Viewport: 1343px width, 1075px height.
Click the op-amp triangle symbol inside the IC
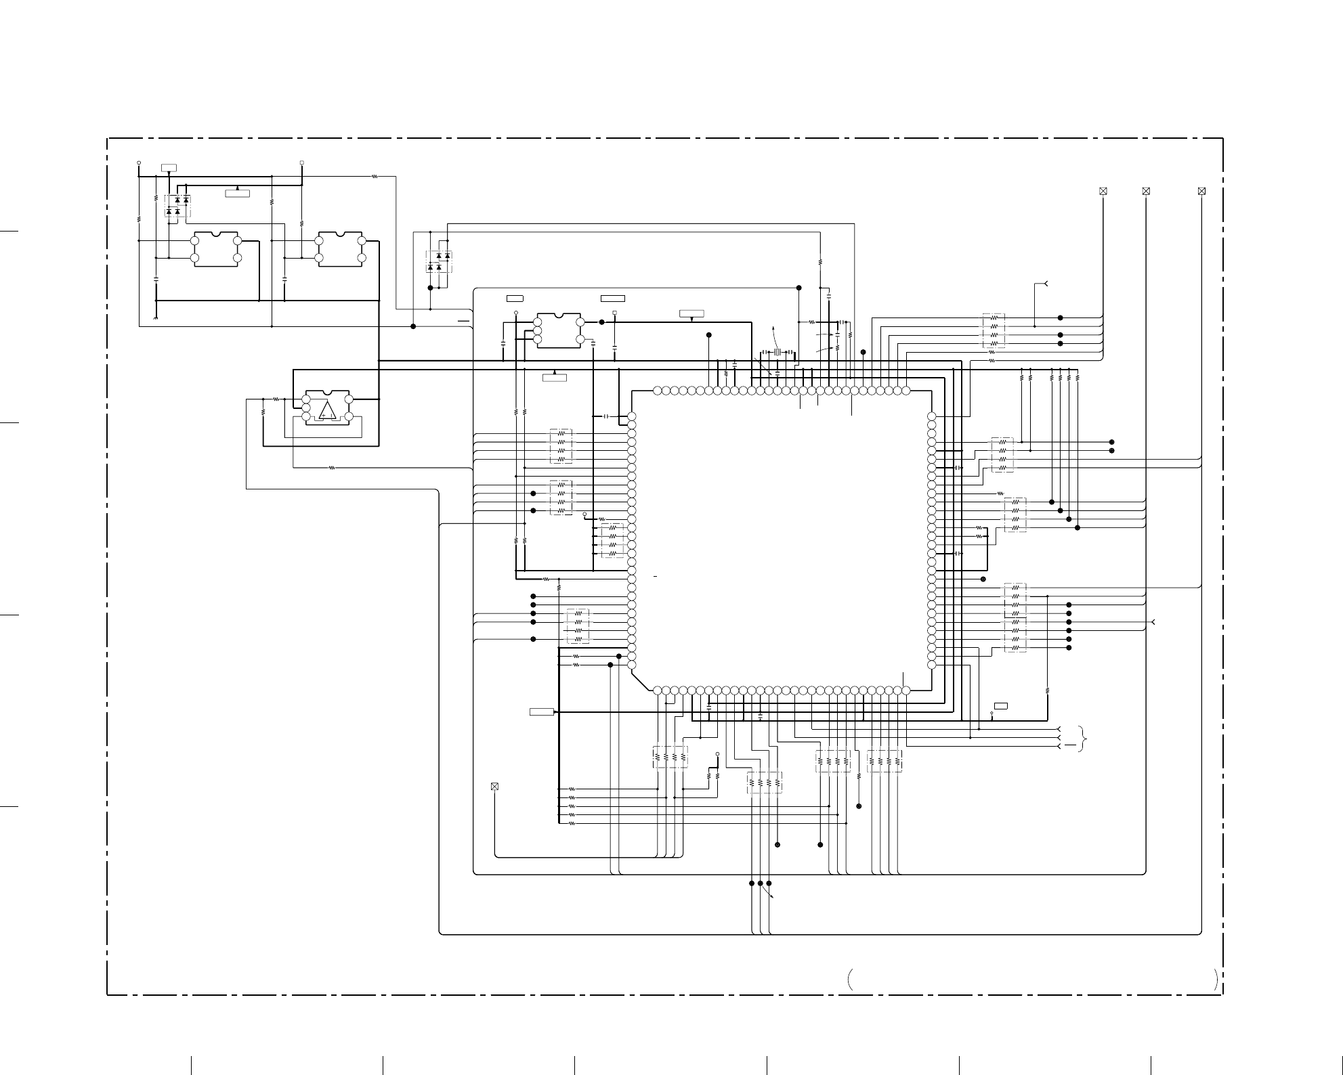[x=328, y=410]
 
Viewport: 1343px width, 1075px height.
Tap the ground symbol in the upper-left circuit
[x=156, y=316]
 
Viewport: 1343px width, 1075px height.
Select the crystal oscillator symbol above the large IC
[x=778, y=352]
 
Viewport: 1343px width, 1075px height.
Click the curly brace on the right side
[x=1085, y=738]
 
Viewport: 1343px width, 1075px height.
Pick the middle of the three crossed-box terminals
[x=1146, y=192]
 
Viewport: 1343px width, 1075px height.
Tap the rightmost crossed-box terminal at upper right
[x=1201, y=192]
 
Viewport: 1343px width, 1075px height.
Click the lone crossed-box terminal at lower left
[x=494, y=787]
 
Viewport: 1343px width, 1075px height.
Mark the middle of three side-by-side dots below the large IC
[x=761, y=883]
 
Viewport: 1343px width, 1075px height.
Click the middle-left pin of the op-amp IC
[x=306, y=408]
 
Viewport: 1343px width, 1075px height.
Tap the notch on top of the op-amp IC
[x=328, y=392]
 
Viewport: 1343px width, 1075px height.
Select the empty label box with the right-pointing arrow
[x=542, y=712]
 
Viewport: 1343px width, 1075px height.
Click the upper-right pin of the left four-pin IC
[x=238, y=240]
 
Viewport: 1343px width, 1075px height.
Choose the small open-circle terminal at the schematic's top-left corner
[x=139, y=163]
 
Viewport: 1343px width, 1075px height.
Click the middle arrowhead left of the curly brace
[x=1059, y=738]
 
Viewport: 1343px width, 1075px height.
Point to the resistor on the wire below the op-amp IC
[x=332, y=468]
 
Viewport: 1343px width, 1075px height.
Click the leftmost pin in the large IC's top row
[x=657, y=391]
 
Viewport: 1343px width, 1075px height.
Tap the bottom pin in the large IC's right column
[x=931, y=665]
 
